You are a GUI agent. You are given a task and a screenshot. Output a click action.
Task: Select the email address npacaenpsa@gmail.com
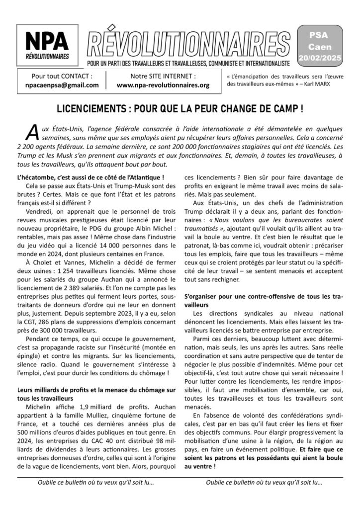coord(62,85)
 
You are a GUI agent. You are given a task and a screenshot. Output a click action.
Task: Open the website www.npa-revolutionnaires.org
coord(163,85)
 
